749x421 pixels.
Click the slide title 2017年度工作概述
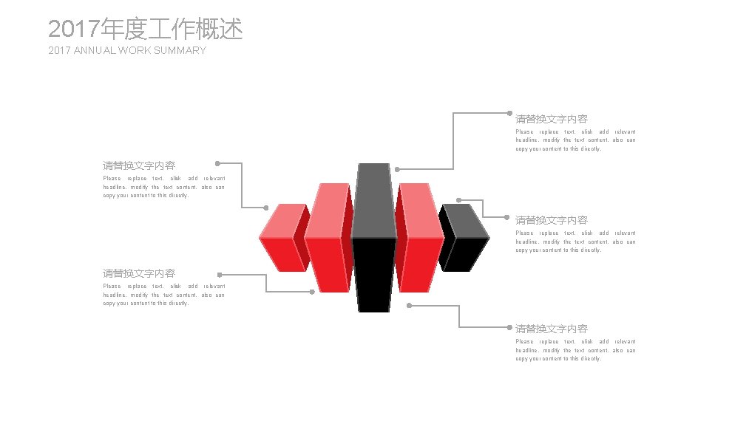click(145, 30)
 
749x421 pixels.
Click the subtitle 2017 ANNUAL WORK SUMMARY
click(126, 50)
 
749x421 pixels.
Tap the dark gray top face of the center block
click(373, 199)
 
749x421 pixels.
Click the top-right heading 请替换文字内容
click(552, 119)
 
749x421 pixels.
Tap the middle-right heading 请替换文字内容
click(552, 220)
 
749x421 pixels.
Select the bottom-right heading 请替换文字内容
click(552, 329)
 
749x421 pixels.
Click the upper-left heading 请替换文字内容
click(139, 165)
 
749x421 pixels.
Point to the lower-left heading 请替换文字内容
click(139, 273)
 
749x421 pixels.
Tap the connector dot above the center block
click(397, 169)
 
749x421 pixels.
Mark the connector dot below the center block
click(409, 305)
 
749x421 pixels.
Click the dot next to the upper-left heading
click(217, 163)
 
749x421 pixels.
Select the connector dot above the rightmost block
click(459, 200)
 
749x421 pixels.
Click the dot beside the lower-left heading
click(220, 275)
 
